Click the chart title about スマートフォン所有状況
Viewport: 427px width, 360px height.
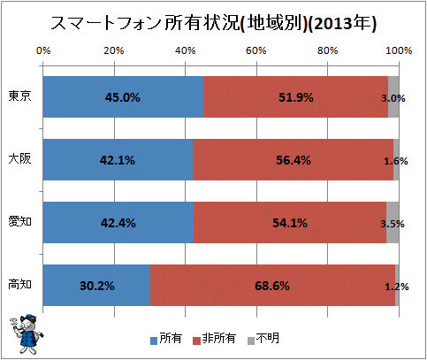[213, 23]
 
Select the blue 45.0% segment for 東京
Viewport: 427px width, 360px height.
[123, 97]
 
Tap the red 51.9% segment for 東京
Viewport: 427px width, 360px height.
[295, 97]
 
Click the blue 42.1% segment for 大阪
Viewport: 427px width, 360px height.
[118, 160]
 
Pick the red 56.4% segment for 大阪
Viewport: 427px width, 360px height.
[293, 160]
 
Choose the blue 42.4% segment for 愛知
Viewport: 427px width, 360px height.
[118, 223]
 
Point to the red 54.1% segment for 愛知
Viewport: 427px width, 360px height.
[290, 223]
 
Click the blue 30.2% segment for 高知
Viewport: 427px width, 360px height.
[96, 286]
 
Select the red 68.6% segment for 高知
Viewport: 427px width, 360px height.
[272, 286]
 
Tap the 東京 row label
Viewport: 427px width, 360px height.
[19, 96]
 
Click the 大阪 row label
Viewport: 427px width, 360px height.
[19, 159]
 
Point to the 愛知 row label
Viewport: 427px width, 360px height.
[19, 221]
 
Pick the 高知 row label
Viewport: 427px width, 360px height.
[19, 285]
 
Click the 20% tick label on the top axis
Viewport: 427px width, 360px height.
[114, 50]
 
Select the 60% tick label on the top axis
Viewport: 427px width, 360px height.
[256, 50]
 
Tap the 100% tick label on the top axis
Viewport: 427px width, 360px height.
[399, 50]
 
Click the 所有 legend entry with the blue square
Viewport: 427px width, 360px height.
[166, 339]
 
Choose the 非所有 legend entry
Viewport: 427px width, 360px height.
[214, 339]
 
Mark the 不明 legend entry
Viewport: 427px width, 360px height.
[263, 339]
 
